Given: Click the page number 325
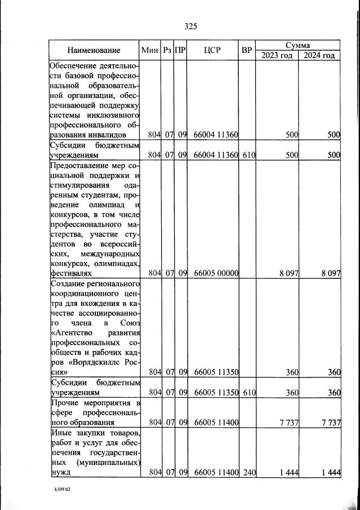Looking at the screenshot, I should (190, 26).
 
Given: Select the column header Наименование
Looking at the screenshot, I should (94, 50).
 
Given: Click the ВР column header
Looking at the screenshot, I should (246, 50).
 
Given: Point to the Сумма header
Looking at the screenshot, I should (299, 45).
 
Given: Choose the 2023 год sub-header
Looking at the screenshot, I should (278, 55).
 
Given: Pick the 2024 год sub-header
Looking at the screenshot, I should (320, 55).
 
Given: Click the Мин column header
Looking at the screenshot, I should (150, 50).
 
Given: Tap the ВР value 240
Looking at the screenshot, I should (247, 472).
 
